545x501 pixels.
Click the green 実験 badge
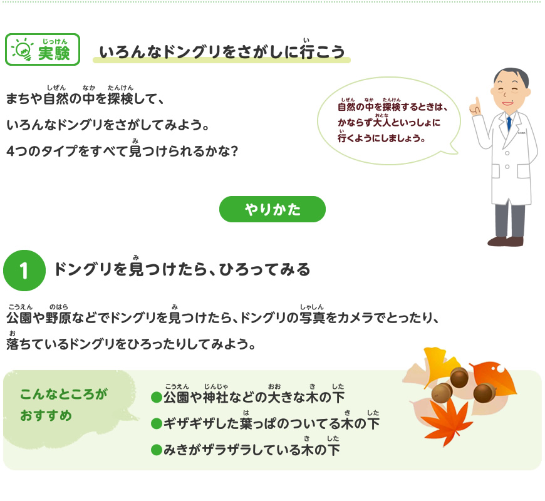(x=43, y=49)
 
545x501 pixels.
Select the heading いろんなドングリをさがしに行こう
(x=222, y=53)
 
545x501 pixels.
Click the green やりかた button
(x=272, y=209)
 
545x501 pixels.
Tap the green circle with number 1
(x=24, y=270)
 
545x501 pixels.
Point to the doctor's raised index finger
(x=477, y=103)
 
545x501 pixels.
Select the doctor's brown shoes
(x=506, y=241)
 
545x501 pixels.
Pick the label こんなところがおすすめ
(x=63, y=405)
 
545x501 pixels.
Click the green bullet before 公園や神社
(x=156, y=398)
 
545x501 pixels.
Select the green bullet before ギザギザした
(x=156, y=425)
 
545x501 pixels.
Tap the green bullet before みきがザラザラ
(x=156, y=450)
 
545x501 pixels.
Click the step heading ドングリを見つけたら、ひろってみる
(x=182, y=270)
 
